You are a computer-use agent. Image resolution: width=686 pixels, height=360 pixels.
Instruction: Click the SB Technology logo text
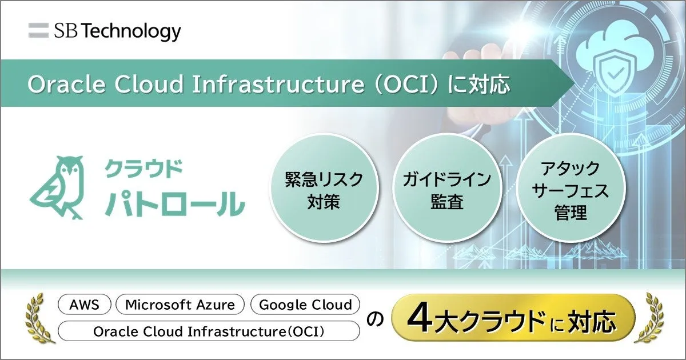(118, 31)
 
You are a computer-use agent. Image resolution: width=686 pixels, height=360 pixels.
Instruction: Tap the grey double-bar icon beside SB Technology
(39, 30)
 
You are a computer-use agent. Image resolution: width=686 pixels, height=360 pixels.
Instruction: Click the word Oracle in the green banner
(67, 84)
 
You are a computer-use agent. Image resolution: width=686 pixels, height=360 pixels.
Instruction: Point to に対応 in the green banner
(478, 84)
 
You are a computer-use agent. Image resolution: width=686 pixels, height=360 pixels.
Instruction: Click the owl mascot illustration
(57, 187)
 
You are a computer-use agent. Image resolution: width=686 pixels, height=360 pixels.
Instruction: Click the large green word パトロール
(175, 203)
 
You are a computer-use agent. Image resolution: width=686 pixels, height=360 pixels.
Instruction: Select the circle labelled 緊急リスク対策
(324, 187)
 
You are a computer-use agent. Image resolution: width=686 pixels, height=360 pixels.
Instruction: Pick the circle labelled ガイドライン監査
(447, 187)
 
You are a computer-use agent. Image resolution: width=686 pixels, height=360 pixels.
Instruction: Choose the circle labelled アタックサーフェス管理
(571, 187)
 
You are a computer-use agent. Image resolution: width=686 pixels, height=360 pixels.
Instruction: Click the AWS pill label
(84, 304)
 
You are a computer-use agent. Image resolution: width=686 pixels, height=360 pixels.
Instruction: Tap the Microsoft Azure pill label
(180, 304)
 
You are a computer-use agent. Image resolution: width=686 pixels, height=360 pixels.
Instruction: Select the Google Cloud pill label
(305, 304)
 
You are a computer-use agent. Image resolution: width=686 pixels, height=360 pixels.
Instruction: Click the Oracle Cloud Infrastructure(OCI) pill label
(209, 331)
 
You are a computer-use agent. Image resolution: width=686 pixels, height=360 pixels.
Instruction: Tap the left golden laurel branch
(39, 318)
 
